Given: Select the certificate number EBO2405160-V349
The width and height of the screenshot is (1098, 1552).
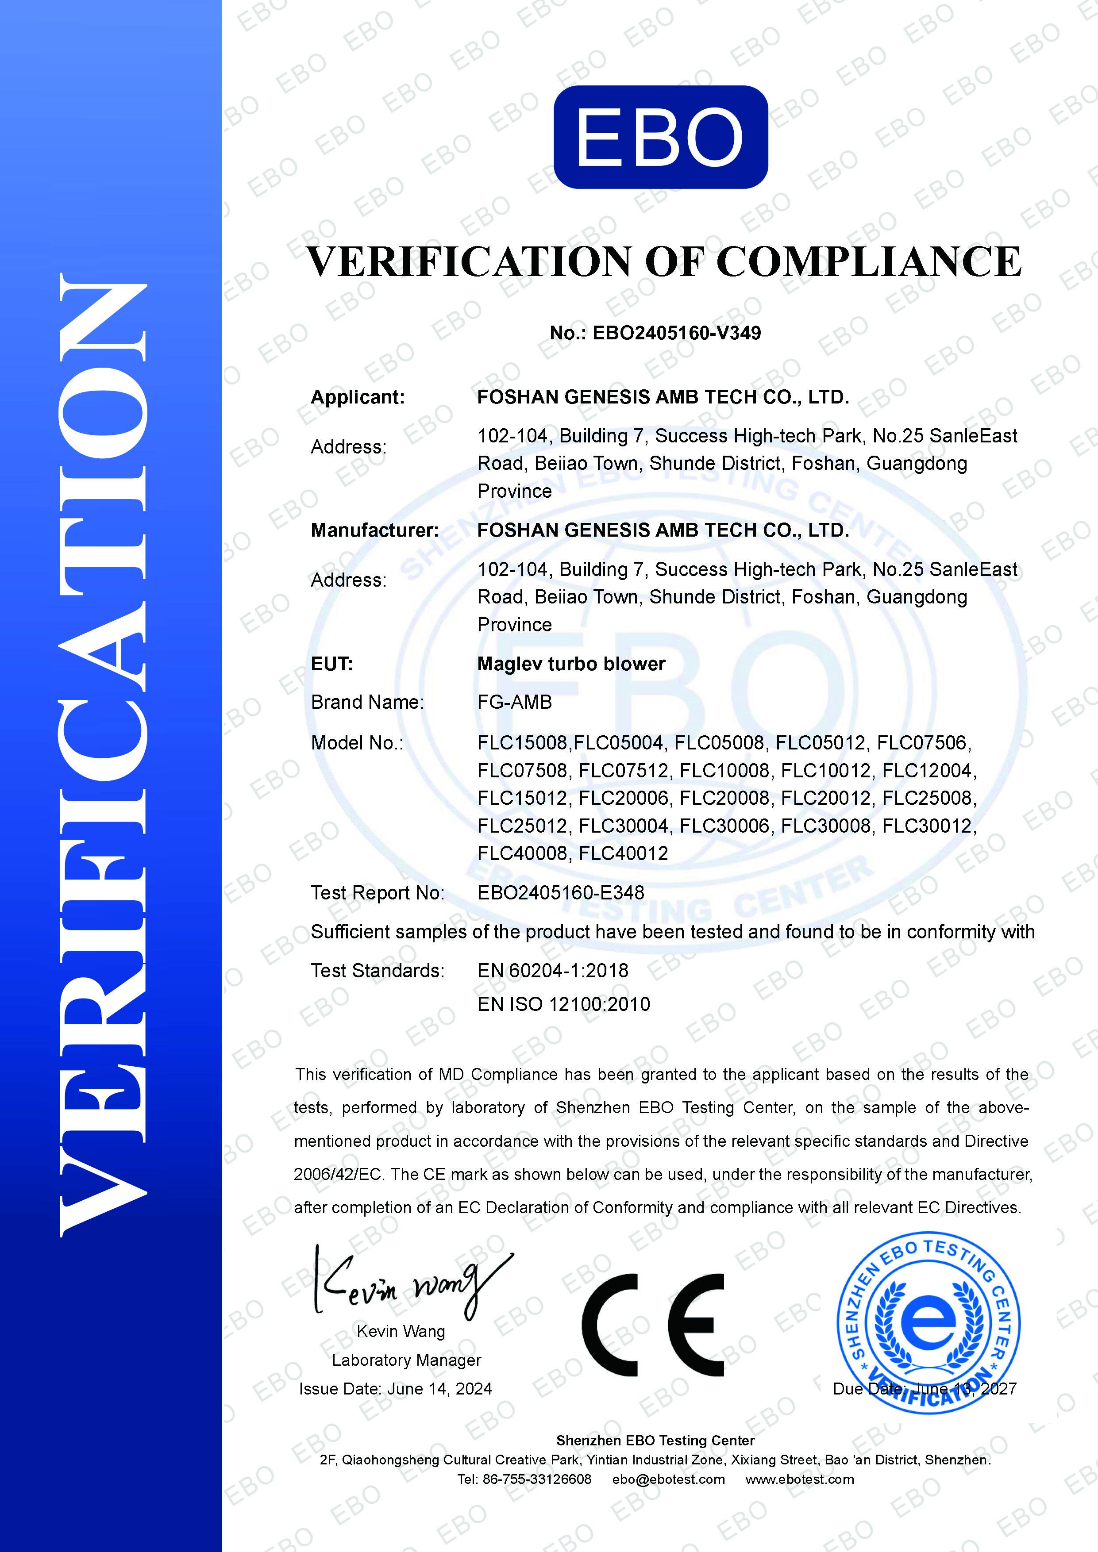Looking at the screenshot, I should point(676,333).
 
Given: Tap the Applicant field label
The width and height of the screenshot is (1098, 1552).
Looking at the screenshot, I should point(358,397).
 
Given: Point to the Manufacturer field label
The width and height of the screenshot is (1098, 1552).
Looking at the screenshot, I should point(374,530).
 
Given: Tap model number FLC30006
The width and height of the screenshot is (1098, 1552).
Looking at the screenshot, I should point(724,826).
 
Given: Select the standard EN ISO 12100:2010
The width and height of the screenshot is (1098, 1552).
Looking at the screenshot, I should point(563,1004).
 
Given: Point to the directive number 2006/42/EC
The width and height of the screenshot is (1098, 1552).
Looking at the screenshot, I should point(337,1174).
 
